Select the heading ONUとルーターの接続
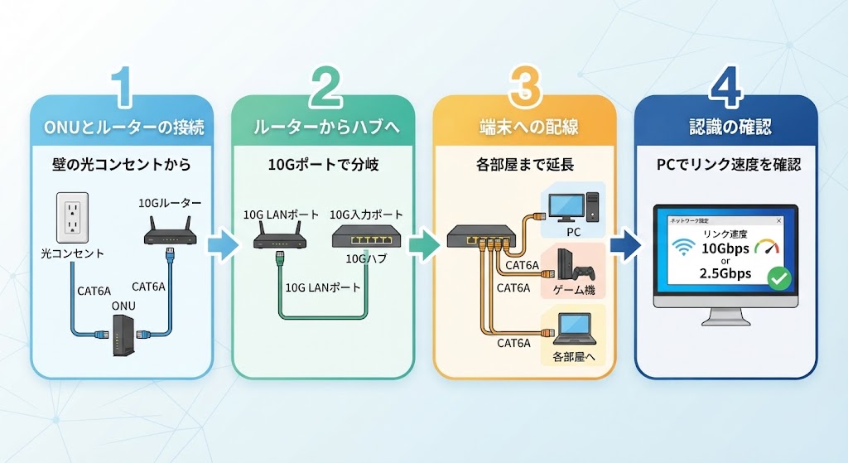coord(124,128)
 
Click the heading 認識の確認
coord(730,127)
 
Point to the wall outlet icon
coord(73,218)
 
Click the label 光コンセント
coord(73,253)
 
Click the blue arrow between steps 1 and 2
coord(223,244)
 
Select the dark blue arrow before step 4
coord(626,244)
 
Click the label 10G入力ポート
coord(366,215)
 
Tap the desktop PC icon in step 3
coord(573,208)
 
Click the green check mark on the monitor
coord(779,278)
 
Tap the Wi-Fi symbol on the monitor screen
coord(683,248)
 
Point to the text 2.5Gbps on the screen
coord(725,273)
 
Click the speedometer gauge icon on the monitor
coord(767,247)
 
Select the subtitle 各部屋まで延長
coord(524,165)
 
